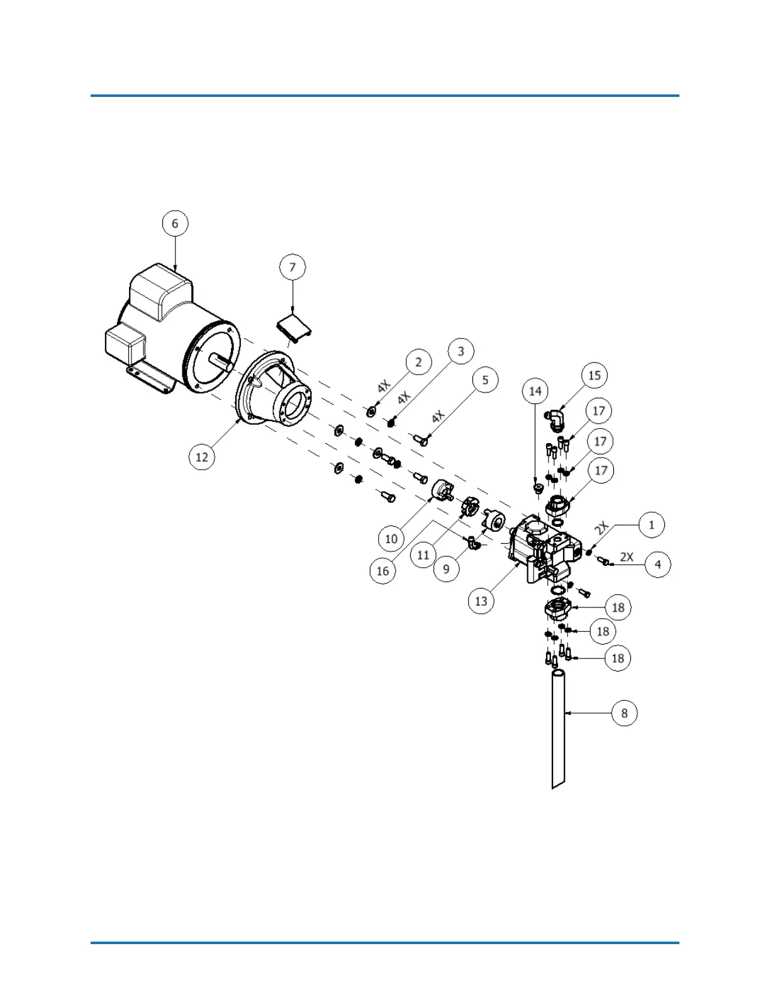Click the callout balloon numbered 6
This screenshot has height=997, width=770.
pyautogui.click(x=175, y=223)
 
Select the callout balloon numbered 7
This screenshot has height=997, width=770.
pyautogui.click(x=292, y=267)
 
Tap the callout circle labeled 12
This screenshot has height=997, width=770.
pyautogui.click(x=201, y=456)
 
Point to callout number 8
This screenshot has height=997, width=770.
pyautogui.click(x=624, y=713)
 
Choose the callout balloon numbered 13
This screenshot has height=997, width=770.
pyautogui.click(x=481, y=601)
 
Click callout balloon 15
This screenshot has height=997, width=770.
pyautogui.click(x=594, y=376)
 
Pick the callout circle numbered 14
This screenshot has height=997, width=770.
pyautogui.click(x=535, y=391)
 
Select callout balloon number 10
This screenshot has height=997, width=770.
pyautogui.click(x=391, y=539)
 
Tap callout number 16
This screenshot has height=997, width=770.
pyautogui.click(x=382, y=571)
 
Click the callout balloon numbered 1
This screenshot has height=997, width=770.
pyautogui.click(x=652, y=524)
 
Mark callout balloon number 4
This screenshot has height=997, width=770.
pyautogui.click(x=658, y=565)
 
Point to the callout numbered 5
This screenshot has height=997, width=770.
pyautogui.click(x=485, y=380)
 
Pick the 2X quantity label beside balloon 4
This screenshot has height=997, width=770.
pyautogui.click(x=627, y=556)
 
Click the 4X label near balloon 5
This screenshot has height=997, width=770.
pyautogui.click(x=438, y=417)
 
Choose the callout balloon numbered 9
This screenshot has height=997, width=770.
pyautogui.click(x=446, y=568)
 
